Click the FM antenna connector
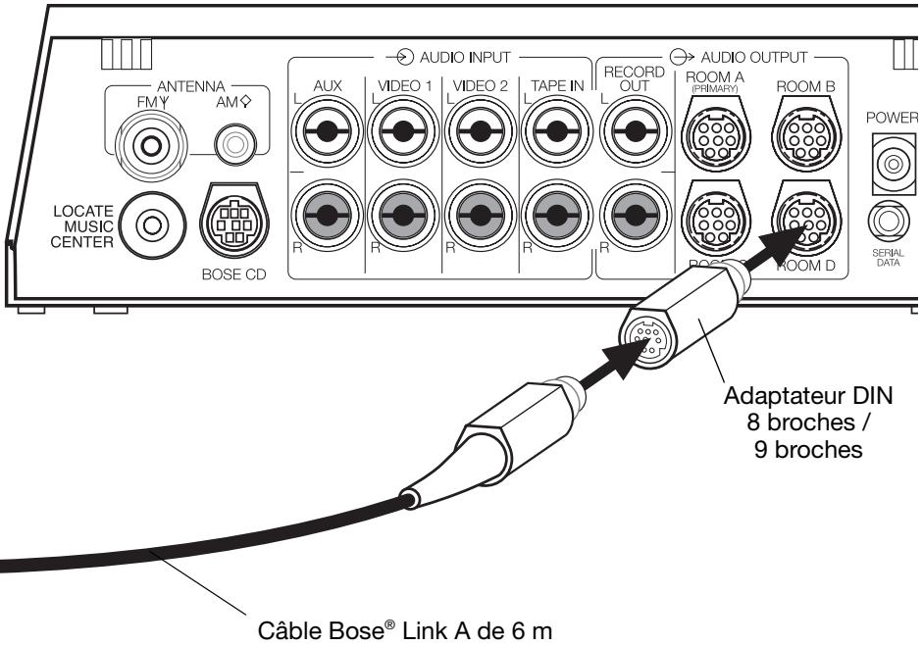(x=150, y=146)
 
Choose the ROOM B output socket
(x=803, y=144)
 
